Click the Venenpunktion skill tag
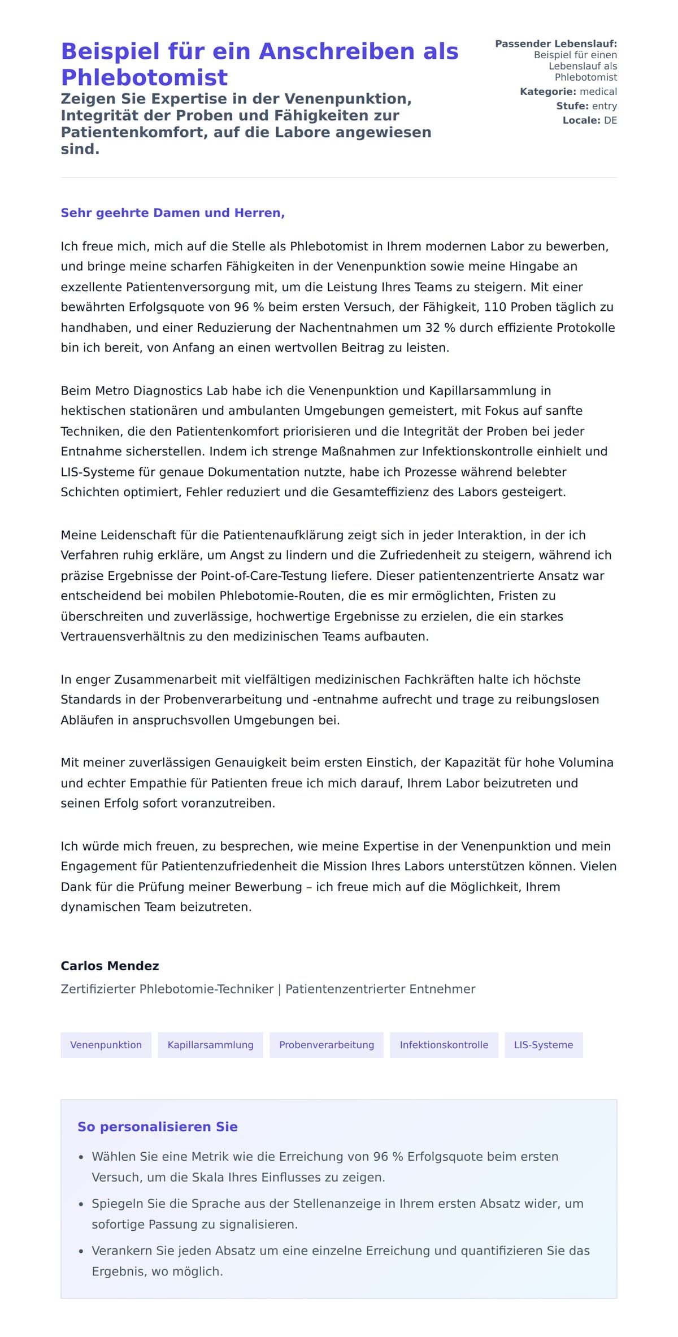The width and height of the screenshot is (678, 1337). click(106, 1045)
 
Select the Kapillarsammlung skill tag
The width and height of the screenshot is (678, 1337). click(210, 1045)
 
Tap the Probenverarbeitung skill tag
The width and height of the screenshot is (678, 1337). click(327, 1045)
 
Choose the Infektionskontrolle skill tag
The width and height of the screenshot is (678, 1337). click(444, 1045)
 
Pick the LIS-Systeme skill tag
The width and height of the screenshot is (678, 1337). click(543, 1045)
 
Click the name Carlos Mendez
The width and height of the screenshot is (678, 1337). click(110, 966)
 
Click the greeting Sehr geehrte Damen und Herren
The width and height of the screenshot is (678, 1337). click(172, 213)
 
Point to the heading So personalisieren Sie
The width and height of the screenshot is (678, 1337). click(157, 1127)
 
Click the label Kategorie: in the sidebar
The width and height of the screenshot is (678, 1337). click(547, 92)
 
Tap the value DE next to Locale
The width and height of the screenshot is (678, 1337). click(610, 120)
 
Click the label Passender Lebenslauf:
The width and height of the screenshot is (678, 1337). click(555, 44)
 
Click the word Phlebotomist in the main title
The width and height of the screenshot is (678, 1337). click(144, 77)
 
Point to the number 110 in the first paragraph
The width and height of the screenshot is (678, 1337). click(495, 307)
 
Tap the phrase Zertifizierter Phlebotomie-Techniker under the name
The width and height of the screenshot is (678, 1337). click(167, 989)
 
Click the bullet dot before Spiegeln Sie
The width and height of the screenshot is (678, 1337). click(81, 1204)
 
